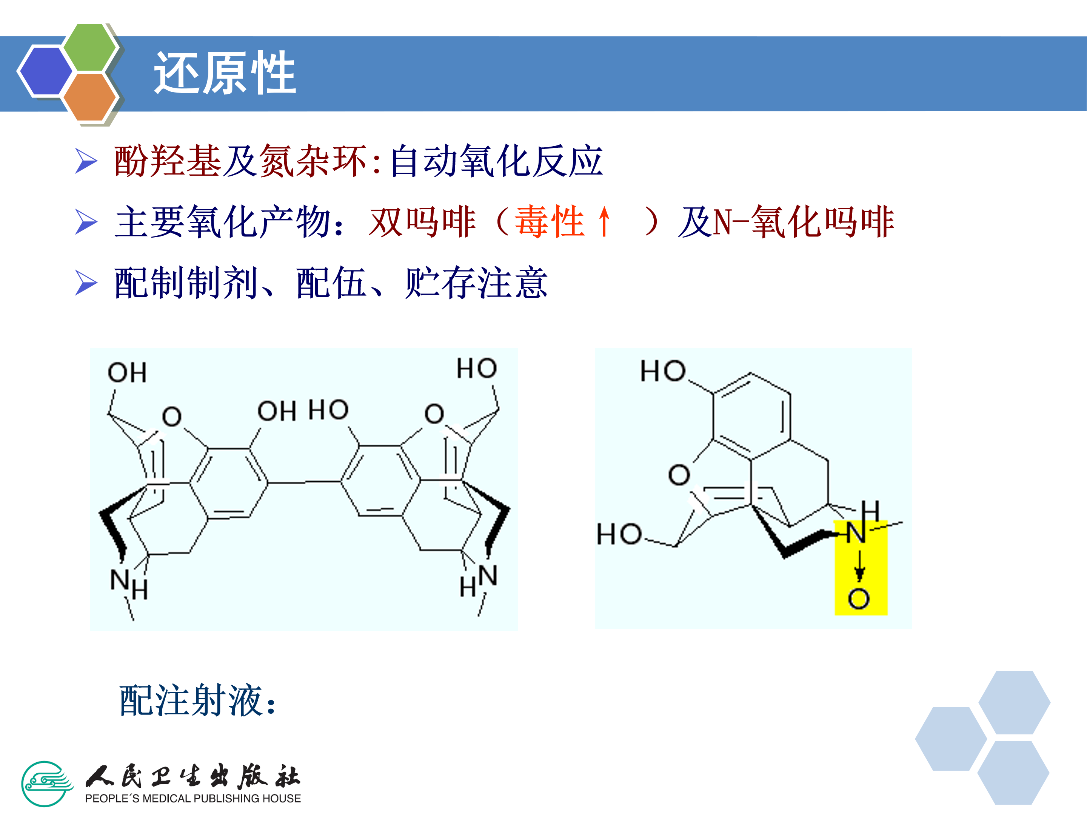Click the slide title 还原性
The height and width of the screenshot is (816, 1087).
(225, 73)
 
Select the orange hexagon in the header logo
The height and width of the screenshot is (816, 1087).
(90, 97)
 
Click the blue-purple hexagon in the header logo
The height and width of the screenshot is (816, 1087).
(45, 70)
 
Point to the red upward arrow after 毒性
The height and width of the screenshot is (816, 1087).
(604, 222)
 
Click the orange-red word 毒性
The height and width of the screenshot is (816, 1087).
(550, 222)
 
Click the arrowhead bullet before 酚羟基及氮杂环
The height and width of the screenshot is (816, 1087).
(86, 161)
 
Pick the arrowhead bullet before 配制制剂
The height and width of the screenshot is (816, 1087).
(86, 283)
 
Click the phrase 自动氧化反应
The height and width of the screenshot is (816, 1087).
(496, 161)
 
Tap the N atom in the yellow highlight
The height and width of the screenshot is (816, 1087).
(856, 533)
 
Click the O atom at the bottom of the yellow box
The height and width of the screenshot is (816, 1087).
(859, 599)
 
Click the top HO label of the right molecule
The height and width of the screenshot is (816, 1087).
(662, 371)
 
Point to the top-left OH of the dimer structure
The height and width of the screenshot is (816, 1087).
(127, 372)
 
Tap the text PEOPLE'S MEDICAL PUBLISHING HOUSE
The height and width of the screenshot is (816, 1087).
(192, 799)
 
